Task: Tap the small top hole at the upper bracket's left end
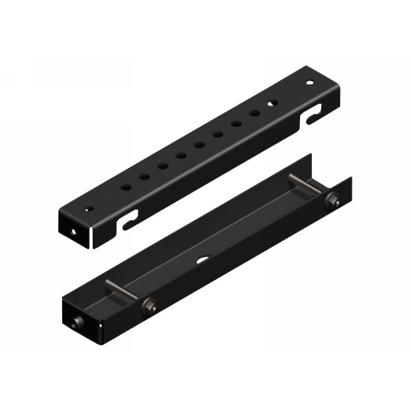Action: point(89,208)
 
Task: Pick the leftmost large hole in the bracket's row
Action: point(126,187)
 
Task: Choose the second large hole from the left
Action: point(144,176)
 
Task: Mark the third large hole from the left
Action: point(163,166)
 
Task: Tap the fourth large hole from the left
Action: point(181,156)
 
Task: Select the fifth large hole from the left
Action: point(200,145)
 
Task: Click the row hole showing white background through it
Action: point(272,103)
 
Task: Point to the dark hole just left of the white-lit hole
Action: point(254,113)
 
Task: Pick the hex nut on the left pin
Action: point(149,305)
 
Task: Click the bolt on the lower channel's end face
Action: point(76,324)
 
